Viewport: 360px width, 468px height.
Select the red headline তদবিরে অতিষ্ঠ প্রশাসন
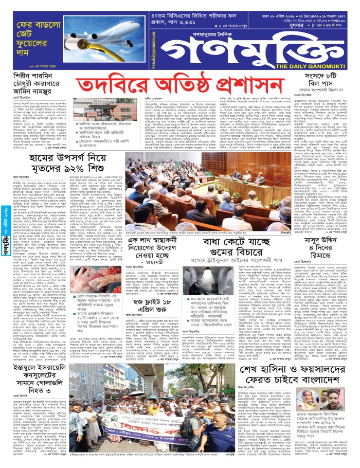pyautogui.click(x=180, y=85)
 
